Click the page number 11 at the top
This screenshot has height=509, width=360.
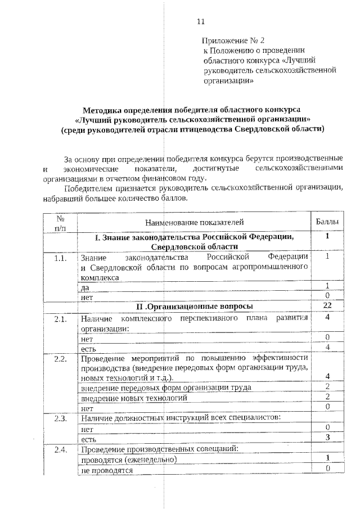(x=200, y=22)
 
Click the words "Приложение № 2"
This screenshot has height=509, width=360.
(x=232, y=40)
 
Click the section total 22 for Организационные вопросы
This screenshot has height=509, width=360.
(x=326, y=305)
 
